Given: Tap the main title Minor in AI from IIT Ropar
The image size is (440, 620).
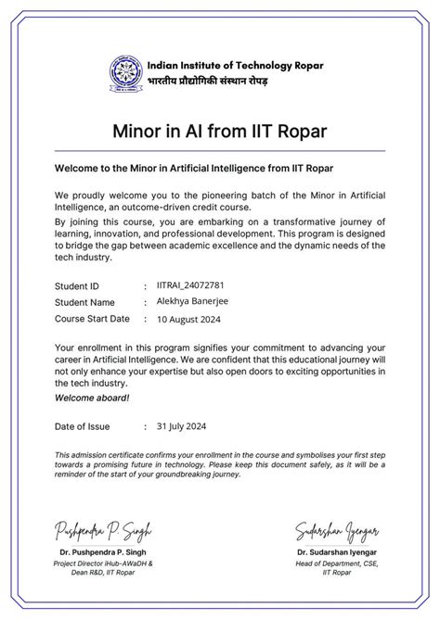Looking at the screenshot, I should [220, 130].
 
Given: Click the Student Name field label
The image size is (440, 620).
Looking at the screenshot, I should [84, 303].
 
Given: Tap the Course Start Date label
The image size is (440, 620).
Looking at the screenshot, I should [92, 319].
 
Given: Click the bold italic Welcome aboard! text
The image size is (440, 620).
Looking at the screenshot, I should [92, 398].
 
